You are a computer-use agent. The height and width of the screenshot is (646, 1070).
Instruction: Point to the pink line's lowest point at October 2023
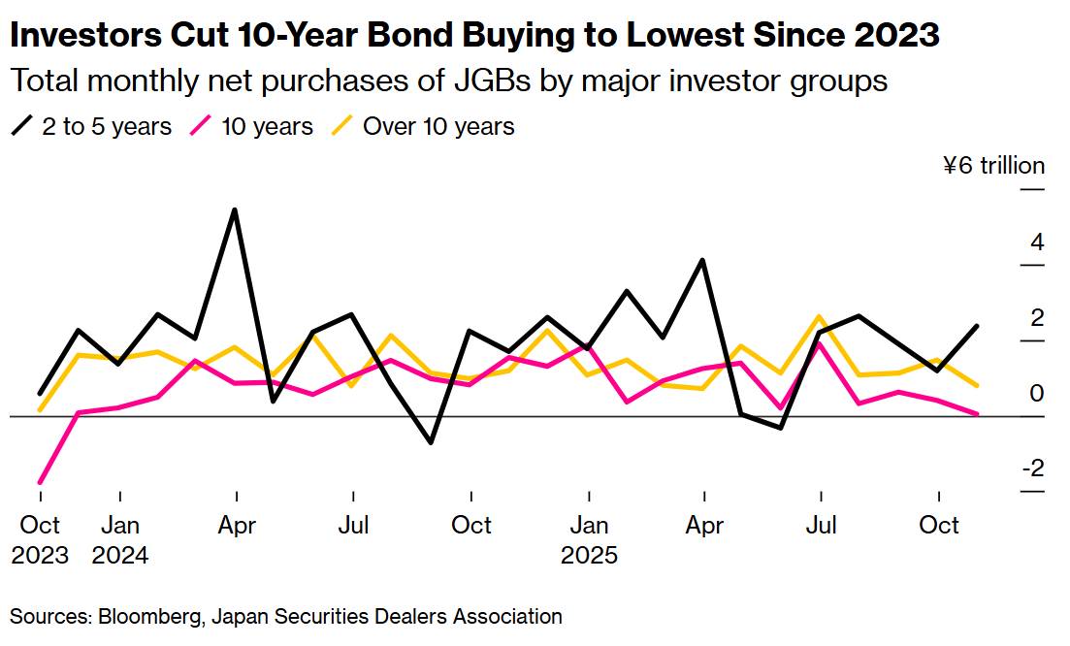[41, 482]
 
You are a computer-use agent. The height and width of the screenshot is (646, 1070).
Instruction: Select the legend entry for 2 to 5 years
[91, 126]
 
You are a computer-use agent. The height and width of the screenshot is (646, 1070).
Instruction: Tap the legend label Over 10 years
[438, 126]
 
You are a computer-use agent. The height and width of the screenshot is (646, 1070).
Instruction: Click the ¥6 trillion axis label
[993, 166]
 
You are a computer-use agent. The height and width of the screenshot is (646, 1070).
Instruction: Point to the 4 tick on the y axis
[1037, 242]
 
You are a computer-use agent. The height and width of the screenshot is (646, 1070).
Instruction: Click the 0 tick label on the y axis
[1037, 393]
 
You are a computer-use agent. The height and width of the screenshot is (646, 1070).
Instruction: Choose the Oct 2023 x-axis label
[41, 540]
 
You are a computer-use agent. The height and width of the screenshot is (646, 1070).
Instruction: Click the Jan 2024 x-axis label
[120, 540]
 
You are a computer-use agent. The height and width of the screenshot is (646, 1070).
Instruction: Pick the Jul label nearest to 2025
[822, 525]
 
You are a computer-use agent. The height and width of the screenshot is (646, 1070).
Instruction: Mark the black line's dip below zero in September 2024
[431, 442]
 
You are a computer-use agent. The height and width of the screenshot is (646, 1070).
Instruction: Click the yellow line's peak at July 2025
[821, 316]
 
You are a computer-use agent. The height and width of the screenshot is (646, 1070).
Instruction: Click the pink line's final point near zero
[976, 414]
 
